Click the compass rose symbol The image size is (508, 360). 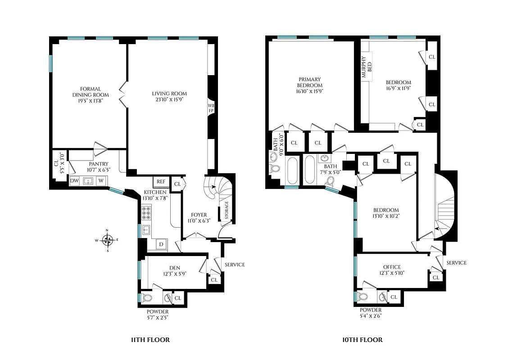click(x=107, y=240)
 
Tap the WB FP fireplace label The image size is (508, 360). click(x=211, y=108)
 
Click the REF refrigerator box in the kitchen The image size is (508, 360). click(x=161, y=181)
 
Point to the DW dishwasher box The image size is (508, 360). click(x=74, y=181)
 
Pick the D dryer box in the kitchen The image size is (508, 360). click(x=161, y=244)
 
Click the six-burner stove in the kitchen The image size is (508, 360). click(x=147, y=212)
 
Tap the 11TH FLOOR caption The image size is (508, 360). click(x=148, y=340)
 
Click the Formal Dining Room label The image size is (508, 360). click(x=91, y=92)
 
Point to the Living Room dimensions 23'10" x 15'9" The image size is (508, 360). click(x=169, y=100)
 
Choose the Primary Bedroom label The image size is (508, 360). click(x=309, y=82)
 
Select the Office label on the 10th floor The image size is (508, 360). click(x=391, y=267)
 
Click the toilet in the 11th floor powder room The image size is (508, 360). click(x=147, y=297)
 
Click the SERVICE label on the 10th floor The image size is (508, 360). click(x=456, y=263)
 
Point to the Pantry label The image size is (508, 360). click(x=98, y=164)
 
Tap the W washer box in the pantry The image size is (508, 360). click(x=101, y=181)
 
